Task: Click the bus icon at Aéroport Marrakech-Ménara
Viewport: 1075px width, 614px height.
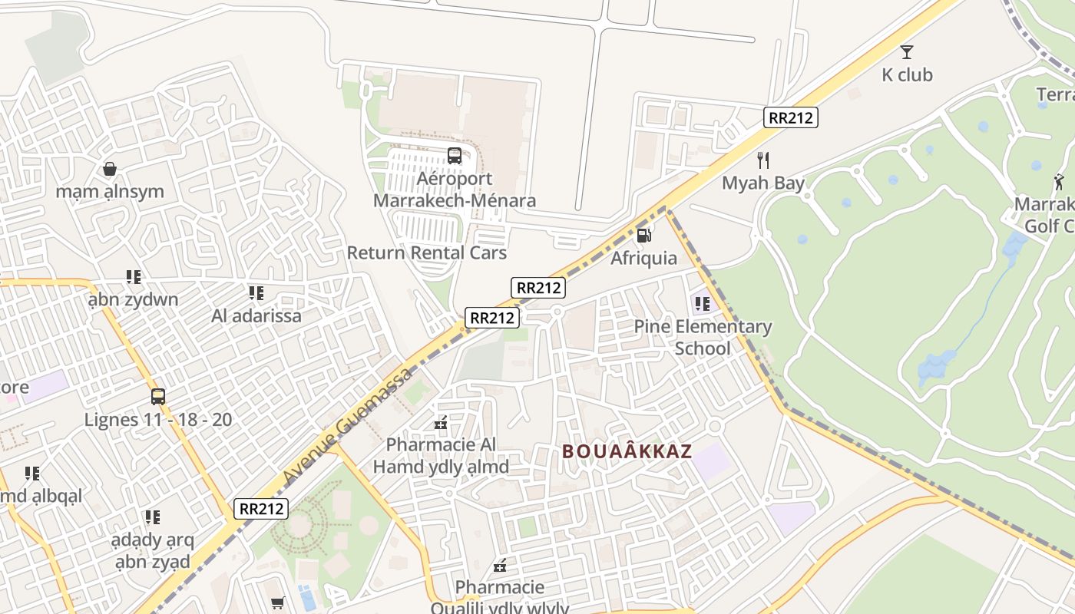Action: pos(455,156)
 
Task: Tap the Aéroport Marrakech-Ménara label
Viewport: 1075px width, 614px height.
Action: pos(455,190)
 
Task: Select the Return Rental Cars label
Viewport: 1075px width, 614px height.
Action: pos(427,253)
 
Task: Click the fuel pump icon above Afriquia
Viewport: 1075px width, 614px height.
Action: pos(644,236)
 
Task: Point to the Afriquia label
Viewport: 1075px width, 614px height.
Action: pos(644,259)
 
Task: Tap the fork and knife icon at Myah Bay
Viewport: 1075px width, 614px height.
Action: pos(762,160)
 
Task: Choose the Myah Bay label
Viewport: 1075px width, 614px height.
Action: pos(763,183)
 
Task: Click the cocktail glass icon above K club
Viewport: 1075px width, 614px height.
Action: pos(907,52)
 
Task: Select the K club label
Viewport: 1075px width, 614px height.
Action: pos(907,74)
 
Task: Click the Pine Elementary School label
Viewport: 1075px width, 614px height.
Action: pos(703,337)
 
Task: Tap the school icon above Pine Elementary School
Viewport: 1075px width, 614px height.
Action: pos(702,304)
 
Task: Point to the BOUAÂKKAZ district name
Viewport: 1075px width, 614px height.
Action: pos(627,451)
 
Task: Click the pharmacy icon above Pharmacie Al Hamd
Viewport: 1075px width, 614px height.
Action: pos(441,422)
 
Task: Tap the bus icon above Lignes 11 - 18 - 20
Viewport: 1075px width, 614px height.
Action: pos(158,397)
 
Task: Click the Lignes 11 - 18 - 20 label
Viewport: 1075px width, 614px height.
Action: pos(158,420)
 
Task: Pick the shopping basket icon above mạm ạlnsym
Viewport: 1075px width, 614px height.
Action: pos(110,169)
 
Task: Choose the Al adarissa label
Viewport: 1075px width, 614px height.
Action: pos(256,315)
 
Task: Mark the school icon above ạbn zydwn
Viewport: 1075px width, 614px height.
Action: pos(134,276)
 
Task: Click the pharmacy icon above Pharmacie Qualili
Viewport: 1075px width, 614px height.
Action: pos(500,566)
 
